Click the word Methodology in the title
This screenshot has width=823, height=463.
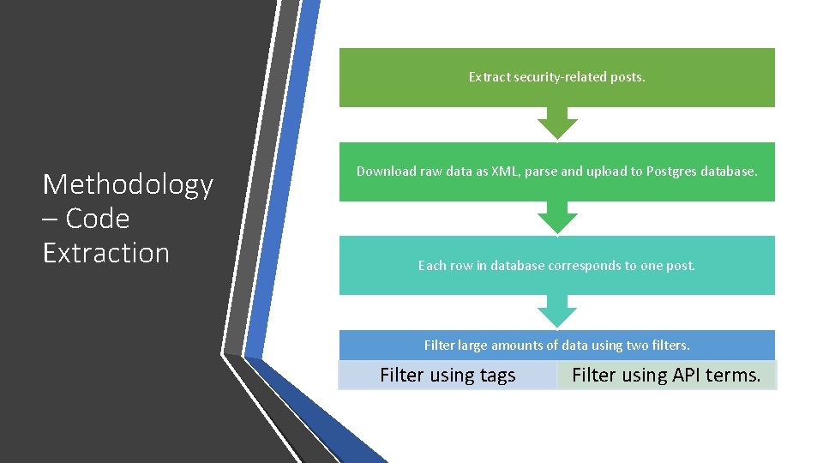(x=128, y=184)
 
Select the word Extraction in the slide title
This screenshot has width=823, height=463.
(x=106, y=253)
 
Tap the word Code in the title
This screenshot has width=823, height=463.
(x=98, y=219)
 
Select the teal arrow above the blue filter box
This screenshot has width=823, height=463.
(x=557, y=310)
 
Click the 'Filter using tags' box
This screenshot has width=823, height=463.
(x=448, y=376)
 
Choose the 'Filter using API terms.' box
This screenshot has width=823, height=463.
(x=666, y=376)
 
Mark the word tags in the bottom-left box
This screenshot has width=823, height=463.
(x=498, y=376)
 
